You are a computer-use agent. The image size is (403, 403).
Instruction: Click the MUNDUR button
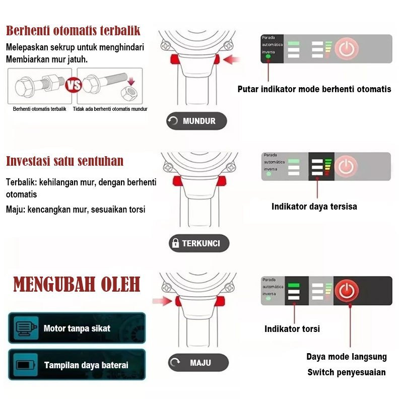click(196, 121)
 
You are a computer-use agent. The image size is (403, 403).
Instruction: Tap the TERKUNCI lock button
click(198, 243)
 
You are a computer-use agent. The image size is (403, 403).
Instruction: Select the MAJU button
click(198, 363)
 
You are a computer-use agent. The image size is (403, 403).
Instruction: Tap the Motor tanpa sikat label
click(77, 328)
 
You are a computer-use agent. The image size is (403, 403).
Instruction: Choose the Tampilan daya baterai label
click(86, 365)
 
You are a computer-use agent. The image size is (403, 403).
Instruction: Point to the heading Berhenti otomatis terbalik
click(73, 30)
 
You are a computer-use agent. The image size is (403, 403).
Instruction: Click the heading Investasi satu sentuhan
click(64, 161)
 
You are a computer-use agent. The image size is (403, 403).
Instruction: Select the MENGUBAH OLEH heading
click(77, 285)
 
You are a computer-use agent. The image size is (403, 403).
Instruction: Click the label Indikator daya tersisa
click(314, 206)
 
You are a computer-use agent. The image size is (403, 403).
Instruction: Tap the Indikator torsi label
click(292, 329)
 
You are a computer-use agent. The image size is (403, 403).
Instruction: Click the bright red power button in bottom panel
click(347, 291)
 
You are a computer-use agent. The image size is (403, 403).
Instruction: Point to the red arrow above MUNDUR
click(231, 60)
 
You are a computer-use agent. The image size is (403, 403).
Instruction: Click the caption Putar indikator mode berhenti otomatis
click(314, 89)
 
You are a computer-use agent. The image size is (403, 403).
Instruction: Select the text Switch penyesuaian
click(347, 372)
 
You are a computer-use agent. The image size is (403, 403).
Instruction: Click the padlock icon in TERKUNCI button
click(175, 243)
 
